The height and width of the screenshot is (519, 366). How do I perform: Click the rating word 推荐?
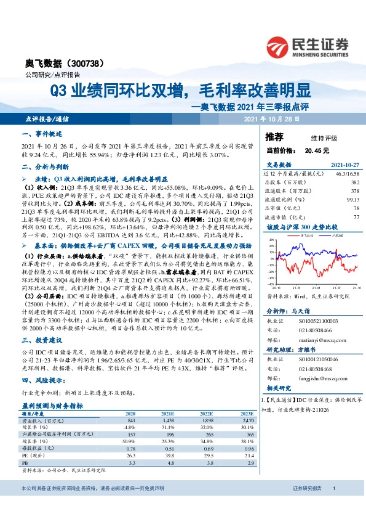(274, 136)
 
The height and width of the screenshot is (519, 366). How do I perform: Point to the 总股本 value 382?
(354, 182)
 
